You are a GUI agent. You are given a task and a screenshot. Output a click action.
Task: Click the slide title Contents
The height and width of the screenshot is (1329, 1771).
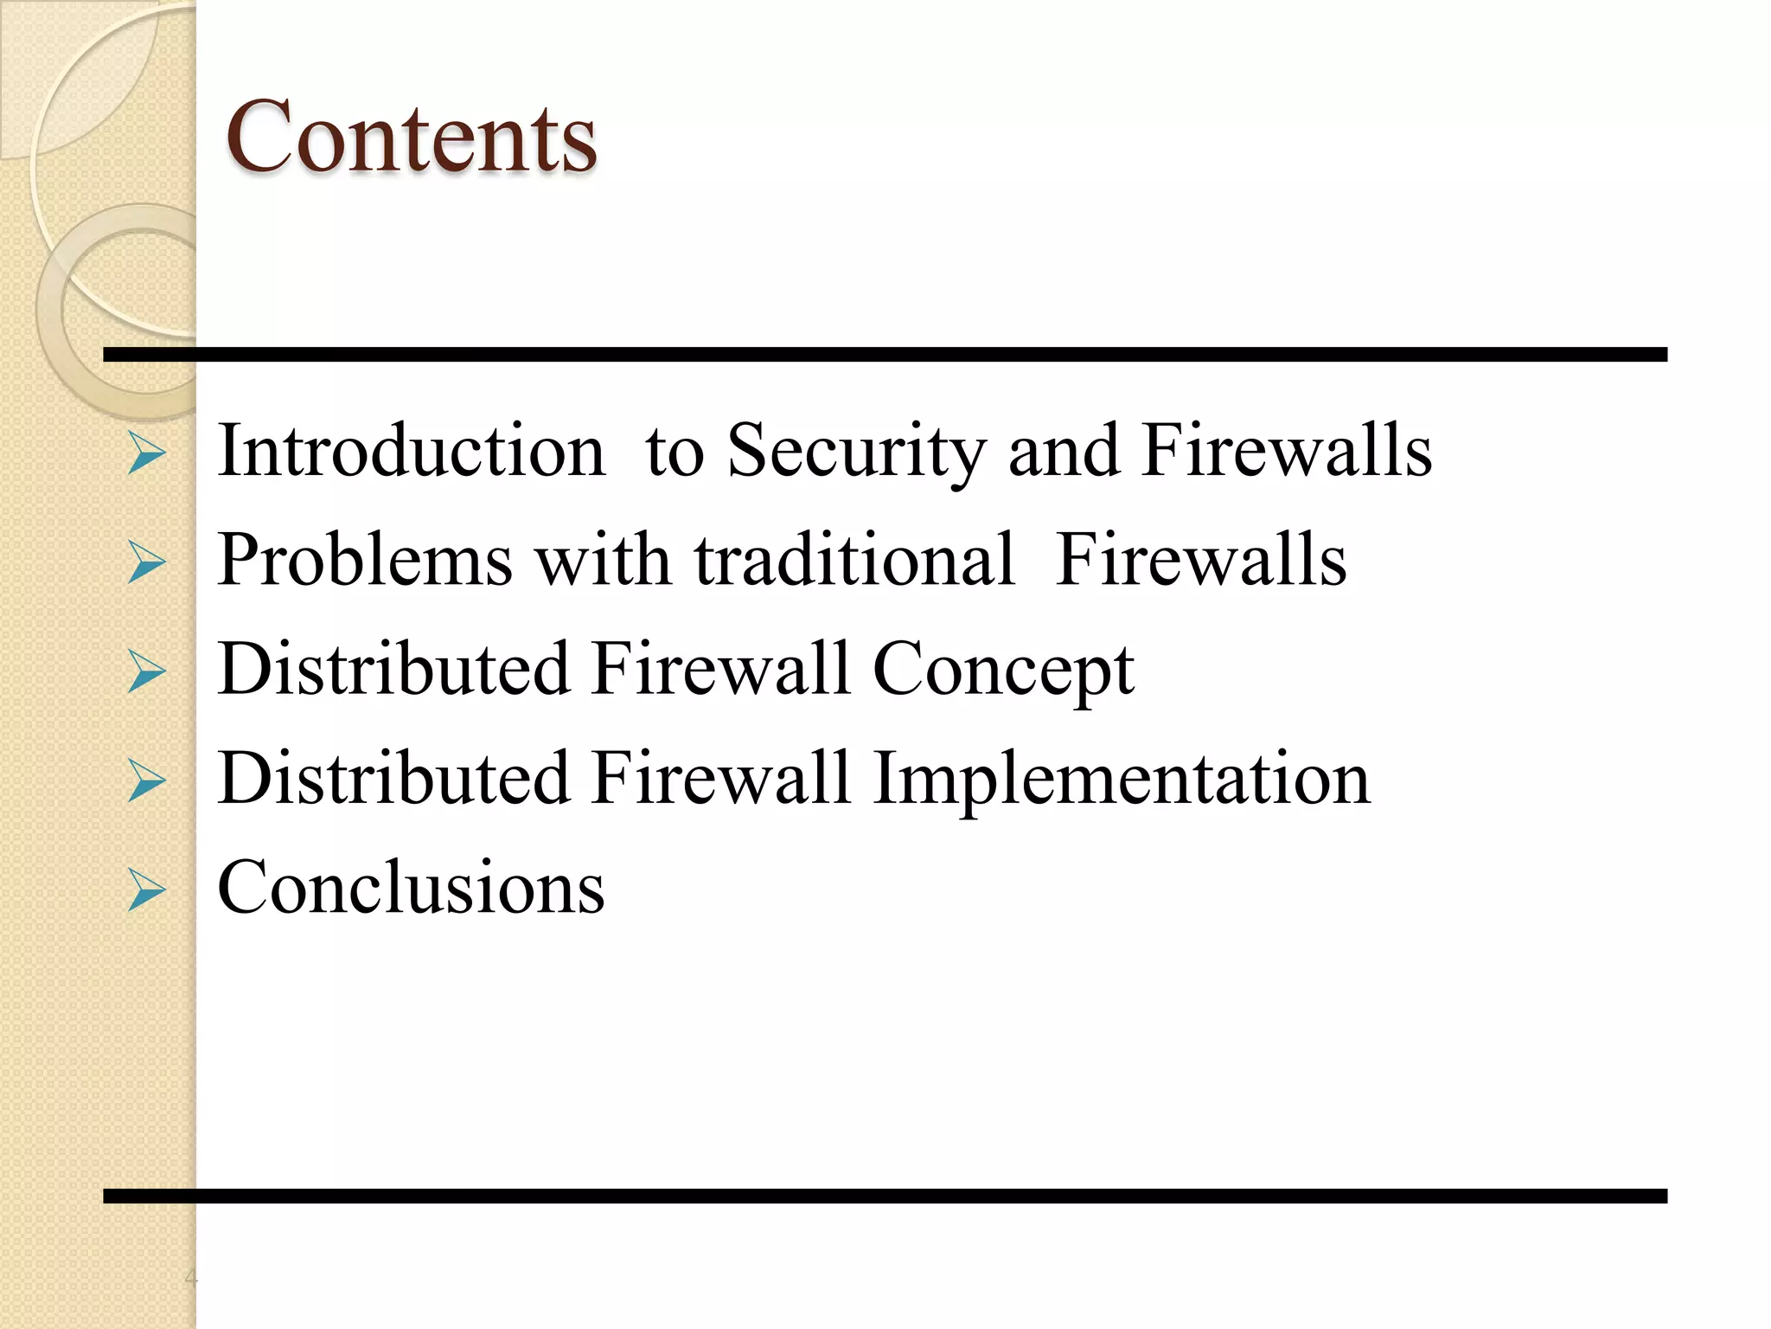[411, 137]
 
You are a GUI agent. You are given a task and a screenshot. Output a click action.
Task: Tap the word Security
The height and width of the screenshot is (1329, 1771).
[856, 452]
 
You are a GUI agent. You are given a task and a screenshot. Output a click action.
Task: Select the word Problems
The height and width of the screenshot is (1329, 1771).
[365, 560]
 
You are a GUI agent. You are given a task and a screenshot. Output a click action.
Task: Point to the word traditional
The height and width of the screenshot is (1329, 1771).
[854, 560]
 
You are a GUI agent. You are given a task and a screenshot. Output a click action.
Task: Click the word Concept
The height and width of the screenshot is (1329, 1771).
[1003, 671]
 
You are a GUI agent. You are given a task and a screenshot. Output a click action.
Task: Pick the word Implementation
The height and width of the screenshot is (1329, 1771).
[1122, 779]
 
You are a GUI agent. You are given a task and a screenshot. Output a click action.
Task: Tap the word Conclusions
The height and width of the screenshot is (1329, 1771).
[411, 887]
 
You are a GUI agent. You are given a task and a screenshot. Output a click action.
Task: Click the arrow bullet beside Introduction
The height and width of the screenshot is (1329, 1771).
[146, 453]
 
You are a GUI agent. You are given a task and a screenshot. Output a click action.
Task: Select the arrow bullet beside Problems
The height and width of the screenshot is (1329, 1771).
[146, 562]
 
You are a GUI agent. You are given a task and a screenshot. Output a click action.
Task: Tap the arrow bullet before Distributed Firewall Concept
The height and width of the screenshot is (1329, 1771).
[146, 672]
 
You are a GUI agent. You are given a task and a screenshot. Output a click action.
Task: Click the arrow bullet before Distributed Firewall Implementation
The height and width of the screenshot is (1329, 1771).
[146, 781]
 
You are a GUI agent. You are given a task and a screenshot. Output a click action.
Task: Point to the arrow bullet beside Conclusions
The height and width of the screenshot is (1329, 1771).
[146, 890]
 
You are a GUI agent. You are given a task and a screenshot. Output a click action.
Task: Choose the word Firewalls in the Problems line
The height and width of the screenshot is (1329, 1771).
[1200, 560]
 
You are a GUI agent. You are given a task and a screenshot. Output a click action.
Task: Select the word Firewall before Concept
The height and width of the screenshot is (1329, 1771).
[721, 669]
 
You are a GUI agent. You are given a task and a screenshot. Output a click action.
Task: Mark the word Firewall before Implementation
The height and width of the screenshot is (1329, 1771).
[721, 778]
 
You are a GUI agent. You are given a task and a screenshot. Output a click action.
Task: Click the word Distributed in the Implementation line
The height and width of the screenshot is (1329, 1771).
[393, 778]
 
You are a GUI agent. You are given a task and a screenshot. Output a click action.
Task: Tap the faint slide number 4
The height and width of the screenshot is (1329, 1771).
[191, 1277]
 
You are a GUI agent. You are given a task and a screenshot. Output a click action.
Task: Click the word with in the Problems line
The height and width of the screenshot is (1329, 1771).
[603, 560]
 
